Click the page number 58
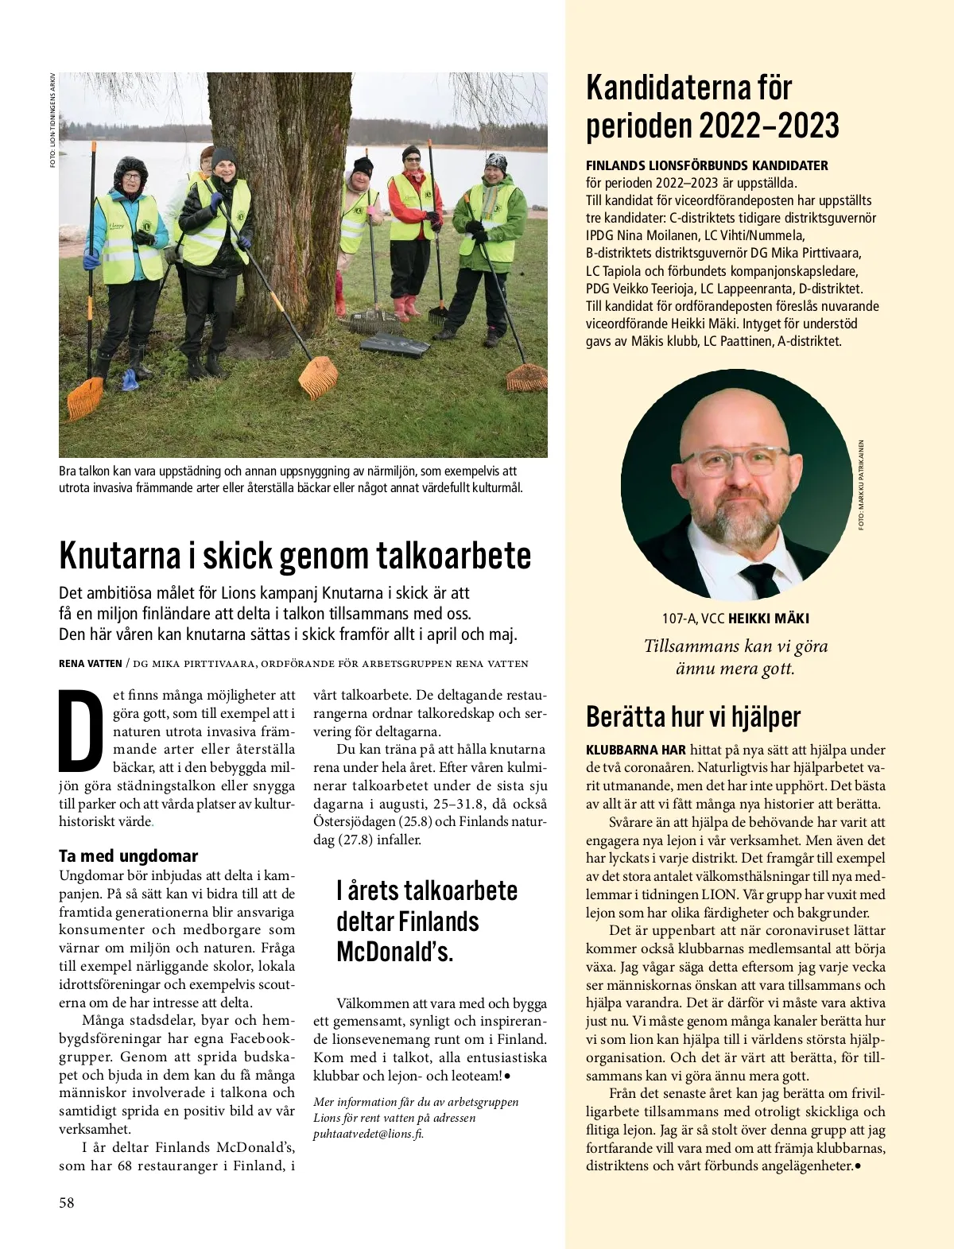pyautogui.click(x=67, y=1203)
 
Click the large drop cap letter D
pyautogui.click(x=81, y=731)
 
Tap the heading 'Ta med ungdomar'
pyautogui.click(x=128, y=855)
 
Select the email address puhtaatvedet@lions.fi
pyautogui.click(x=368, y=1134)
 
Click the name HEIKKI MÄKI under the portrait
pyautogui.click(x=769, y=619)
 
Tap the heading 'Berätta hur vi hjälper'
pyautogui.click(x=693, y=716)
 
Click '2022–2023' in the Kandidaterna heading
pyautogui.click(x=769, y=126)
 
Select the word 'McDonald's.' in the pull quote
pyautogui.click(x=394, y=952)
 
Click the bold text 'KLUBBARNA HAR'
pyautogui.click(x=635, y=750)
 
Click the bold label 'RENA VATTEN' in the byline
pyautogui.click(x=90, y=663)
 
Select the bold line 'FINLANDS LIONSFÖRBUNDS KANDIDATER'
pyautogui.click(x=707, y=165)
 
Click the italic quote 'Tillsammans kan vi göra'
pyautogui.click(x=735, y=646)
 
